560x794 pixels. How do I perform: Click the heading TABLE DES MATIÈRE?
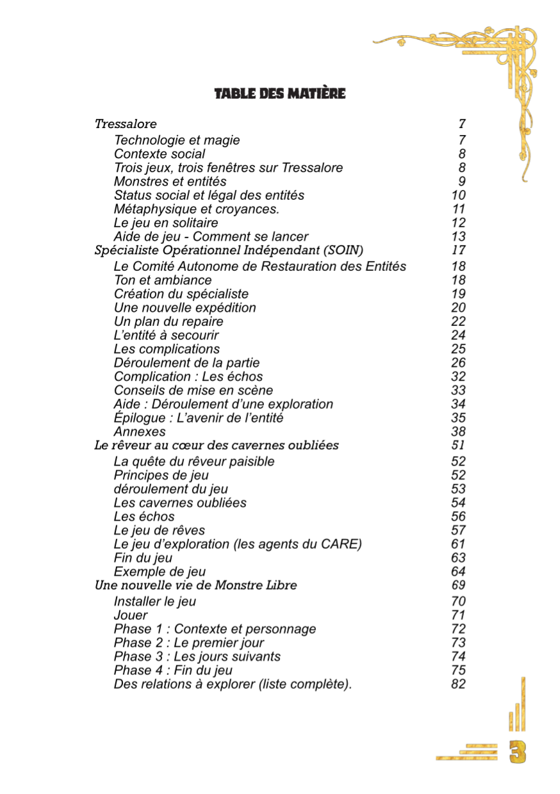tap(279, 94)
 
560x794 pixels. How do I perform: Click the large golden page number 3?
tap(518, 752)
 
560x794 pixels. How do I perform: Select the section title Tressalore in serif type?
tap(126, 124)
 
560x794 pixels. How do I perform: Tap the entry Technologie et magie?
tap(177, 140)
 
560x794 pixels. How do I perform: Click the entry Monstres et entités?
tap(170, 182)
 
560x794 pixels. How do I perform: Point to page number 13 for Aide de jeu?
tap(458, 237)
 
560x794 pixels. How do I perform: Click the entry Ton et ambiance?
tap(162, 280)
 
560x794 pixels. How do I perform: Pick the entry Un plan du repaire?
tap(169, 321)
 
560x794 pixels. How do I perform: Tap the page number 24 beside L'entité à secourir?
tap(458, 336)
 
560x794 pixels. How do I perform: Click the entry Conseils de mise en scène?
tap(193, 391)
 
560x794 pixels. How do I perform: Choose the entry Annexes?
tap(140, 432)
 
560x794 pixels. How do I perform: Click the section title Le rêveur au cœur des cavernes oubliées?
tap(217, 445)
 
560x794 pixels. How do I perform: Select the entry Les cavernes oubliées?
tap(180, 503)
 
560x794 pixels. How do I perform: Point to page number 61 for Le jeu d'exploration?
tap(458, 544)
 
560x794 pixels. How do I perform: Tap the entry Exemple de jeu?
tap(160, 572)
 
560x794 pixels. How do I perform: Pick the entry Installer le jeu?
tap(154, 602)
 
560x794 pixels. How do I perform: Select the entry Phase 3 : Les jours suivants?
tap(197, 657)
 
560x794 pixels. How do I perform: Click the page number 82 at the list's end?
tap(458, 685)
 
